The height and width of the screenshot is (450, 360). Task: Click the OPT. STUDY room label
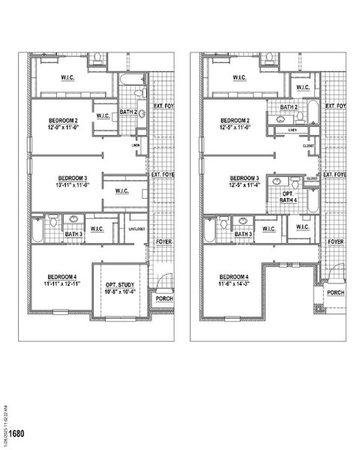(120, 286)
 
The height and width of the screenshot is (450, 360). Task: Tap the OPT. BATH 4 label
(289, 196)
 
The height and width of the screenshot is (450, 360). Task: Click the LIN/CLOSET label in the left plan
(136, 229)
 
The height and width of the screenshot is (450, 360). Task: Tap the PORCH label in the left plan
(163, 298)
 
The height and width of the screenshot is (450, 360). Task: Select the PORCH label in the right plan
(335, 293)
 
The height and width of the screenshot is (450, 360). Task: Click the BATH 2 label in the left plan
(127, 112)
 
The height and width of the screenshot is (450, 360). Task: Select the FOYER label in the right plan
(335, 242)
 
